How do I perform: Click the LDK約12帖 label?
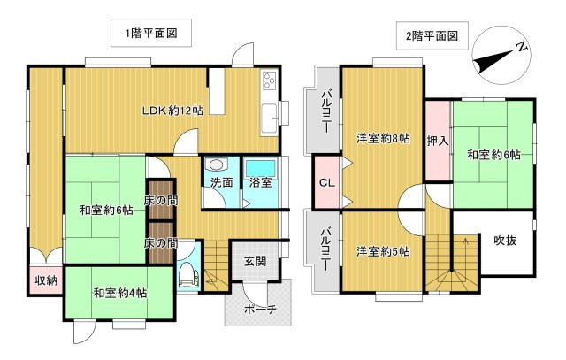174,111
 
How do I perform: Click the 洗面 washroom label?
222,183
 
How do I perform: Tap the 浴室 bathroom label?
261,183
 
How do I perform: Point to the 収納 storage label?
46,280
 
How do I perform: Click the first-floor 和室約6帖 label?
106,210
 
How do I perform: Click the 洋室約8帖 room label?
383,138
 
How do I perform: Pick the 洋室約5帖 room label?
383,251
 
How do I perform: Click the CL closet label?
325,184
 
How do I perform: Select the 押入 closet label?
438,140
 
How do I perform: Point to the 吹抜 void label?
506,240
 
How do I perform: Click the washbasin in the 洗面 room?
218,165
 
